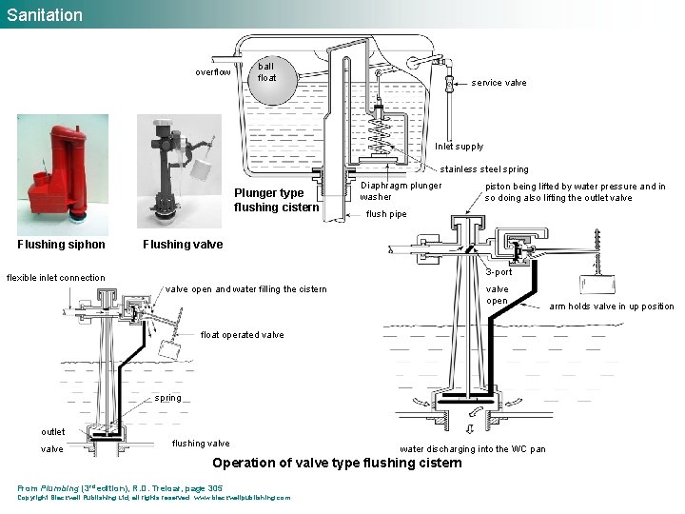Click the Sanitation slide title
[45, 14]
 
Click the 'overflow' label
[212, 72]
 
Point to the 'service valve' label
[499, 83]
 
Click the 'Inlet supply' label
[459, 147]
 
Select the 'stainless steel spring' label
[483, 169]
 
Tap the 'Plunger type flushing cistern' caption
[276, 200]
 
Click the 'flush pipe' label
[386, 214]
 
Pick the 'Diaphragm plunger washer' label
[401, 190]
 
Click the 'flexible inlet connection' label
[56, 278]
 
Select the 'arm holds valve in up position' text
[611, 306]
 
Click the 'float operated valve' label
[242, 335]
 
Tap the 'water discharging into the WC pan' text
[472, 448]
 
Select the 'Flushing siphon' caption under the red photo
[62, 245]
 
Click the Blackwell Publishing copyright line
[152, 497]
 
